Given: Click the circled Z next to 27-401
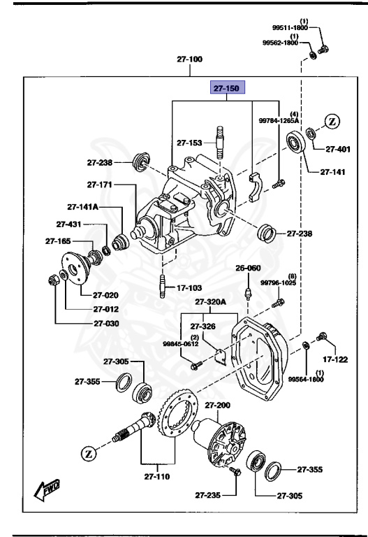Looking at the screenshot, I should coord(332,121).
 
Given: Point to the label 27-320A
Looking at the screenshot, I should coord(212,302).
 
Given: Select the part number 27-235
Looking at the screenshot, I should coord(207,495).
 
